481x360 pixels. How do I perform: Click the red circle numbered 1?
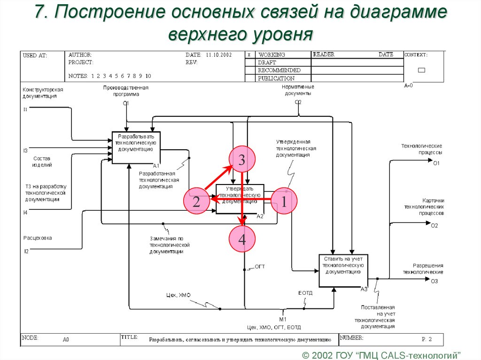click(x=284, y=200)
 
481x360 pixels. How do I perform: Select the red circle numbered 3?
click(x=241, y=160)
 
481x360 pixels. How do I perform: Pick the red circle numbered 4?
click(x=242, y=239)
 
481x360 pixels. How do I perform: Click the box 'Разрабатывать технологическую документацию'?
click(x=136, y=147)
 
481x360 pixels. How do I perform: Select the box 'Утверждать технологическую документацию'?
click(x=240, y=199)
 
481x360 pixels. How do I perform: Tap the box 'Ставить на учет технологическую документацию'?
click(x=343, y=271)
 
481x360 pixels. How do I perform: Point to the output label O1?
click(x=435, y=163)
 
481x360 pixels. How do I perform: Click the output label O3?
click(x=434, y=281)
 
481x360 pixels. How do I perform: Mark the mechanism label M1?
click(x=283, y=319)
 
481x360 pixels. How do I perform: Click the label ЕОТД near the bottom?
click(x=305, y=293)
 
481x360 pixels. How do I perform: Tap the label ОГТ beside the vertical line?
click(x=260, y=266)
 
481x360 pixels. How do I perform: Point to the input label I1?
click(x=26, y=109)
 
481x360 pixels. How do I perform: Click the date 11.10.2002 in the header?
click(x=219, y=55)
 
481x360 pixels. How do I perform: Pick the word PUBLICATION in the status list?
click(x=276, y=78)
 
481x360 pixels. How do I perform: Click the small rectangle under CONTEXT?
click(x=421, y=70)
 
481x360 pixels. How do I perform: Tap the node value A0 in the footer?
click(x=66, y=339)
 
